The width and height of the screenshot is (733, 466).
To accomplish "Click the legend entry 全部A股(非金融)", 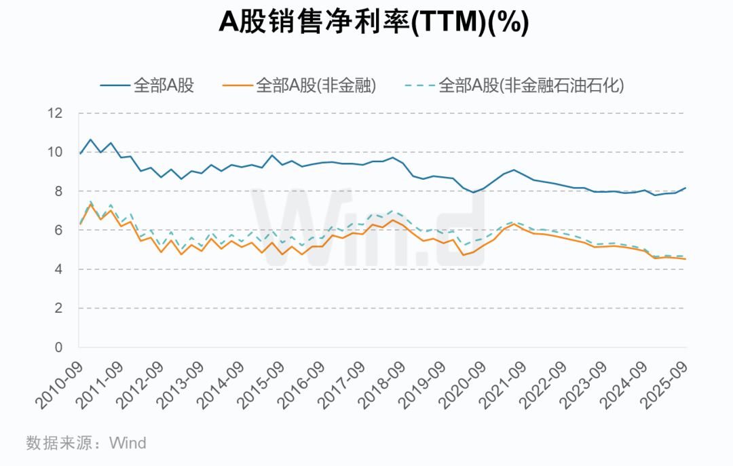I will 299,85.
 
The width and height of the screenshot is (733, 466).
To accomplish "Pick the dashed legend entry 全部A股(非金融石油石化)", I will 514,85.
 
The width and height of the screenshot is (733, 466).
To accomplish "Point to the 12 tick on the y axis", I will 55,113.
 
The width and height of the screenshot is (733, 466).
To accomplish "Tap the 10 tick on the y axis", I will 55,153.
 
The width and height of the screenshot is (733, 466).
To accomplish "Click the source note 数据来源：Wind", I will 86,443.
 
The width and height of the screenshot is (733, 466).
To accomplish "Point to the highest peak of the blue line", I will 90,140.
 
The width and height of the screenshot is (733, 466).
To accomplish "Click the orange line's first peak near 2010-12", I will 90,204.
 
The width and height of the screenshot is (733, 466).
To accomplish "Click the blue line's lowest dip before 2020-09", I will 474,192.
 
